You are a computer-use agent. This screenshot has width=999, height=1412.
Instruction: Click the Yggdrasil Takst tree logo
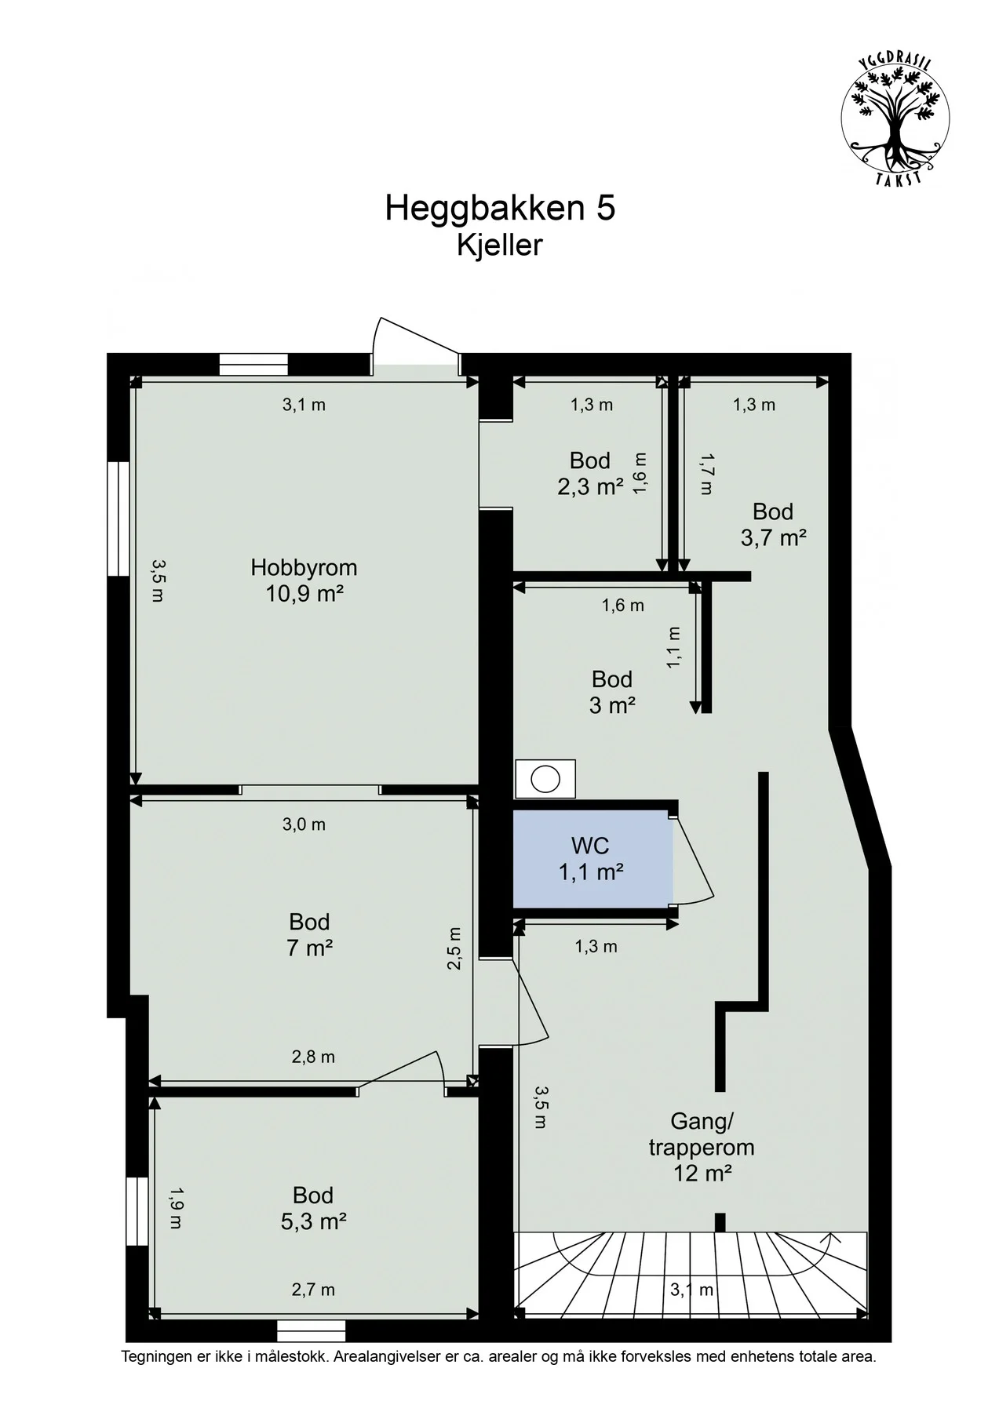tap(895, 121)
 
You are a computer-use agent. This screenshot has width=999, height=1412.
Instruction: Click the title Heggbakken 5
tap(500, 209)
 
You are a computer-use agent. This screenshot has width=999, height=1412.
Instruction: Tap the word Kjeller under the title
tap(500, 246)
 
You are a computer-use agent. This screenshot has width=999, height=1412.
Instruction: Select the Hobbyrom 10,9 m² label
tap(304, 580)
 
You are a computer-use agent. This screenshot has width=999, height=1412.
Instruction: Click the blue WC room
tap(592, 859)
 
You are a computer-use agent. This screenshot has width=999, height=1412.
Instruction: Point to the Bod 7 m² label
tap(309, 934)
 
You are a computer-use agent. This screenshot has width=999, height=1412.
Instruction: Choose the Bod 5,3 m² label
tap(313, 1207)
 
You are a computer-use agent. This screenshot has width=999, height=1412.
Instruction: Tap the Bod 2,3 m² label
tap(590, 473)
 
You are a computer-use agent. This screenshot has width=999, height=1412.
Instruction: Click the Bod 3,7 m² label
tap(773, 524)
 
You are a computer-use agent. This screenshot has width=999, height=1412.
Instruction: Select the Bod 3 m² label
tap(612, 691)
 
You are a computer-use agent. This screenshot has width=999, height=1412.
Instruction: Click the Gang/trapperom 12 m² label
tap(702, 1146)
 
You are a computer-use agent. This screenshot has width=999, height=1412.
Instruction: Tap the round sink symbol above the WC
tap(545, 779)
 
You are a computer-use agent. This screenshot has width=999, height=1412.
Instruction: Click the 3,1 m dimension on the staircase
tap(691, 1289)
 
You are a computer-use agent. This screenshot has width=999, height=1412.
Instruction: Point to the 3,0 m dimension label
tap(304, 824)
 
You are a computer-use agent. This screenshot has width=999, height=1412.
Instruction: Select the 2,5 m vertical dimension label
tap(454, 948)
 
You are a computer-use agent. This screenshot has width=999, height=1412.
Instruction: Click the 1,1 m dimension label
tap(673, 647)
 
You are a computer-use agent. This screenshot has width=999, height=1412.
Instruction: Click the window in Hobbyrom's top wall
tap(253, 365)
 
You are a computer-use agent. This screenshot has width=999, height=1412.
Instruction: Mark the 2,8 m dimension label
tap(313, 1057)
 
